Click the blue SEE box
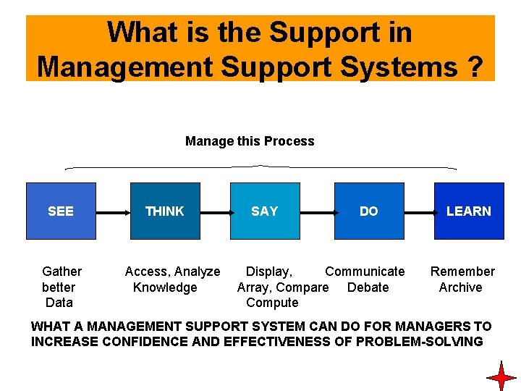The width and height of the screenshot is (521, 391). pos(61,211)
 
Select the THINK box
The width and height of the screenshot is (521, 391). pos(165,211)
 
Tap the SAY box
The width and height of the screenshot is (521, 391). pos(265,211)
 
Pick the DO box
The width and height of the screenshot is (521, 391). pos(369,211)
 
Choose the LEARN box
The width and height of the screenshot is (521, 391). pos(468,211)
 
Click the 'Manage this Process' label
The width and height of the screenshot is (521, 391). pos(250,141)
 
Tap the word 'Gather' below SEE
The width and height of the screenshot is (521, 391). pos(62,272)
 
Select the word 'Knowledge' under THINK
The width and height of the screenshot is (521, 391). pos(165,287)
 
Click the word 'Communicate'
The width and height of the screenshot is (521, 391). pos(365,272)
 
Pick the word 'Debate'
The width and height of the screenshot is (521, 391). pos(368,287)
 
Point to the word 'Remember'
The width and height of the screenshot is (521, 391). pos(462,272)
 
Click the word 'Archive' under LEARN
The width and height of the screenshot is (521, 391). pos(460,287)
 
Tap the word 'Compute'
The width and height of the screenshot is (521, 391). pos(272,303)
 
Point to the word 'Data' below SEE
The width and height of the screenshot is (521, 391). pos(59,303)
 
